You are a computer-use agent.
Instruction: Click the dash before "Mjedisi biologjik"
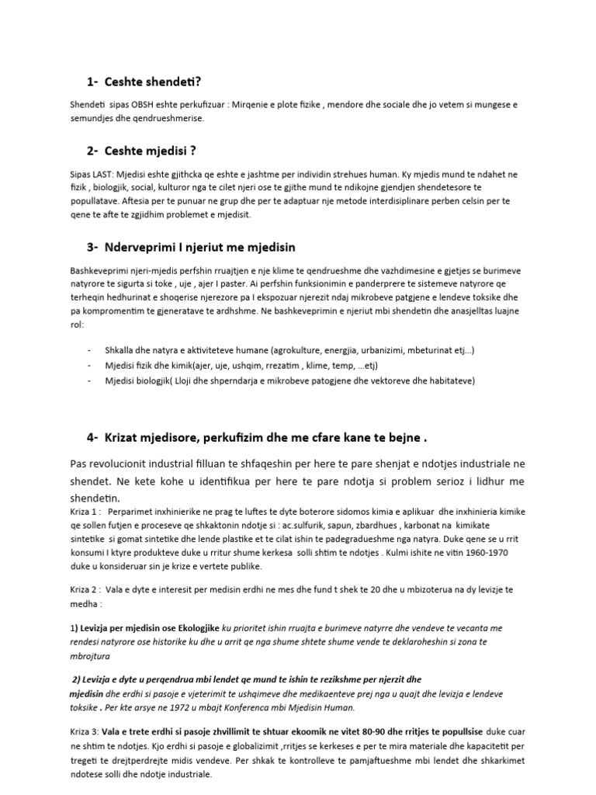click(x=92, y=380)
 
